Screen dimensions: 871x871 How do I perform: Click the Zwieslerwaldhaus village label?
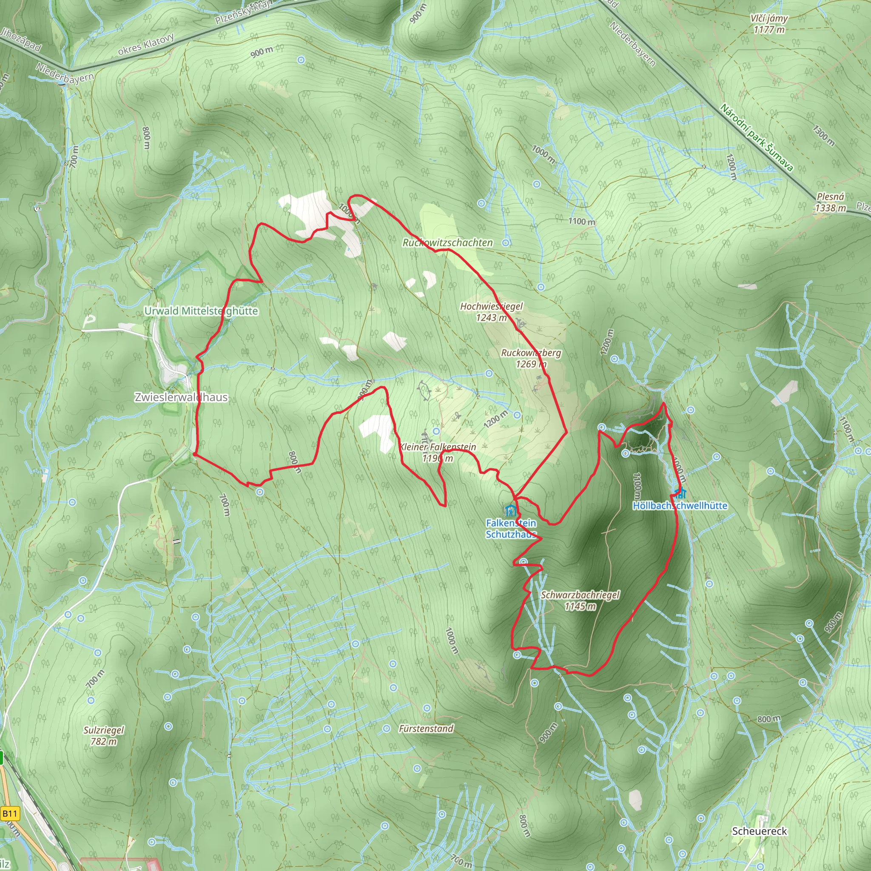coord(181,397)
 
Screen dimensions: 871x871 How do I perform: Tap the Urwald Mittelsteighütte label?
coord(201,311)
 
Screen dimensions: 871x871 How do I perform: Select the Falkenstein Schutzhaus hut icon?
coord(510,511)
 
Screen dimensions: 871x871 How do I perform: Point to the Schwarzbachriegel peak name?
coord(580,595)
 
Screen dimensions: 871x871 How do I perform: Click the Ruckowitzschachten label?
coord(448,242)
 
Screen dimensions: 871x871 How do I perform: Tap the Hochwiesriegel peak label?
coord(491,307)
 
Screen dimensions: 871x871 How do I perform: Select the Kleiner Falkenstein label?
coord(438,447)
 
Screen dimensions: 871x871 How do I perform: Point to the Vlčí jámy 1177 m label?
coord(769,24)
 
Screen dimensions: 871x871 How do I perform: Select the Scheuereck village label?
coord(759,831)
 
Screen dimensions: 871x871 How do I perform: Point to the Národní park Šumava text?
coord(756,137)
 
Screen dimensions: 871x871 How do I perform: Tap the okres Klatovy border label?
coord(145,44)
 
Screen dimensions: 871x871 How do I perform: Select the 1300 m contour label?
coord(824,135)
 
